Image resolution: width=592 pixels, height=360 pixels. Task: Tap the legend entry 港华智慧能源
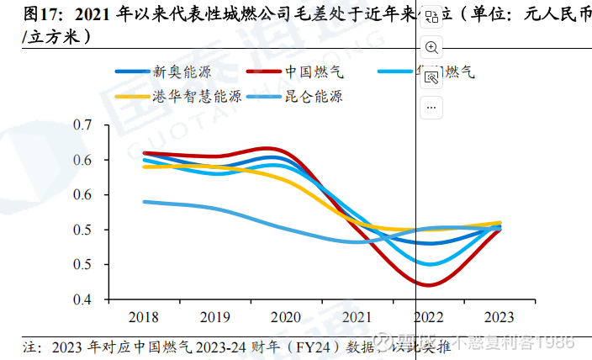197,97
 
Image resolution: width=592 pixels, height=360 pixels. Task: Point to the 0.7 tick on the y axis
82,125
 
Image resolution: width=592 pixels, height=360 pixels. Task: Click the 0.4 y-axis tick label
82,299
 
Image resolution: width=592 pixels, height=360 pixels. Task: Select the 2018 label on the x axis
143,317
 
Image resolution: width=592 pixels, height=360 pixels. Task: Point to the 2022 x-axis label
430,317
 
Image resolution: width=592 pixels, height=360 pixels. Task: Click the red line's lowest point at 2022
429,285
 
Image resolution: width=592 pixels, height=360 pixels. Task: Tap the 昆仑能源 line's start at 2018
144,202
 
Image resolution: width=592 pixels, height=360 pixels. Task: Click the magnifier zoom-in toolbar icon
431,47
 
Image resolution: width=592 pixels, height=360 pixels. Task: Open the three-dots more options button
431,106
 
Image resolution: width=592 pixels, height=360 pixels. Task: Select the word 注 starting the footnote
26,345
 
